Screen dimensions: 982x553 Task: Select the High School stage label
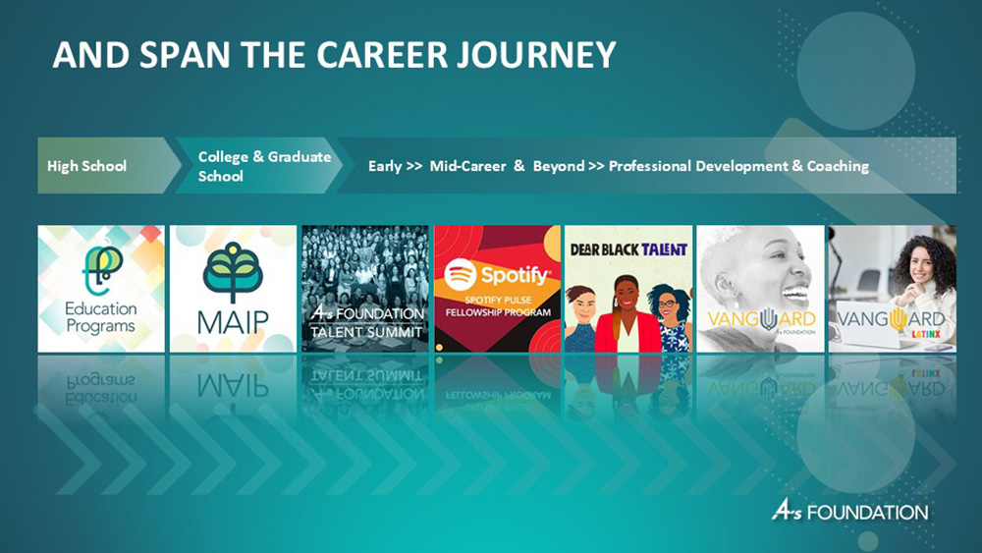point(86,166)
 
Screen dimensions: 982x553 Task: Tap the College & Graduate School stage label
point(264,166)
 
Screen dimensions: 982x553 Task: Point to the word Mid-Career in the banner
point(467,166)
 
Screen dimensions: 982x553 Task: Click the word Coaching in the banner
point(838,166)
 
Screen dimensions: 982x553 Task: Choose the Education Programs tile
point(101,289)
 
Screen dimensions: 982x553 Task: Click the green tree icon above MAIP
point(233,271)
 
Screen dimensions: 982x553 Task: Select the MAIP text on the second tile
point(233,323)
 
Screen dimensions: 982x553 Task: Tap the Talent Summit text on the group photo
point(365,332)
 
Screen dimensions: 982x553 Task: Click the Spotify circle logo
point(461,274)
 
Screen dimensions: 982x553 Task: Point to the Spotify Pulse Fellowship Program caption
point(498,306)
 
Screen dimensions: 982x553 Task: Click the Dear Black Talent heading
point(628,249)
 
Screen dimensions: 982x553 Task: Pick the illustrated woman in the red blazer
point(628,314)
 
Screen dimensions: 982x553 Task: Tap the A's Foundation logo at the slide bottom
point(849,511)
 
